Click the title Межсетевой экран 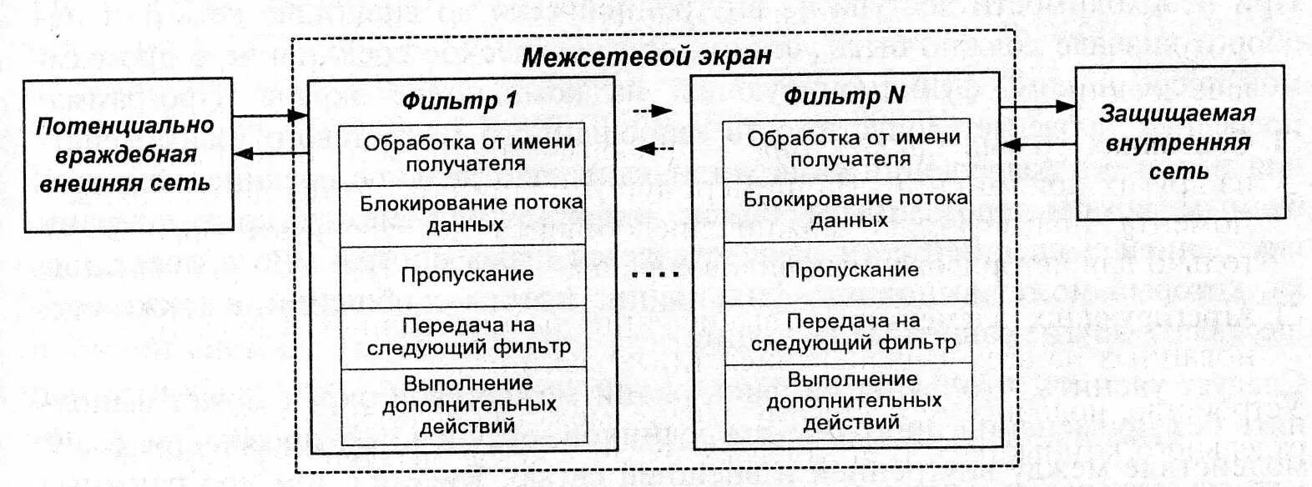click(646, 57)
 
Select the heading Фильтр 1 click(460, 101)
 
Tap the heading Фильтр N click(844, 96)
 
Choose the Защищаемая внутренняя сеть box click(1178, 143)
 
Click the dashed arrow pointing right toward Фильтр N click(653, 110)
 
